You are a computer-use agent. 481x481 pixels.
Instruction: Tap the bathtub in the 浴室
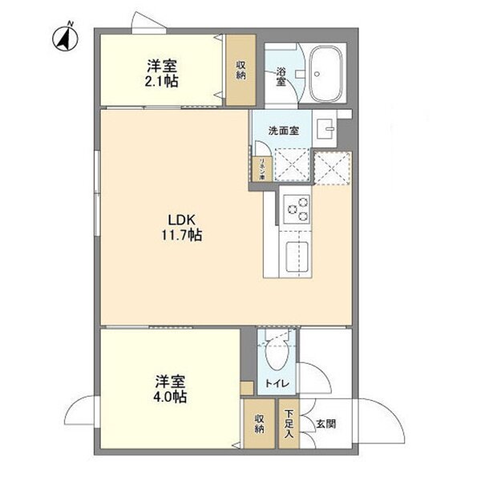pyautogui.click(x=326, y=74)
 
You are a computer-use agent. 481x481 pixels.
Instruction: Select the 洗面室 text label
pyautogui.click(x=284, y=131)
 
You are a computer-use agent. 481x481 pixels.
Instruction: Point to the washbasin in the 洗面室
pyautogui.click(x=325, y=129)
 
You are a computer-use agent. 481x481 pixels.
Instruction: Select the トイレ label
pyautogui.click(x=277, y=384)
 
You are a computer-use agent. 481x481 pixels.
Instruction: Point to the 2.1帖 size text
pyautogui.click(x=161, y=82)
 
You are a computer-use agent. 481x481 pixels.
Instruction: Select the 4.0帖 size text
pyautogui.click(x=171, y=397)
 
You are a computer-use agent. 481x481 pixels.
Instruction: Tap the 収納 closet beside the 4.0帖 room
pyautogui.click(x=260, y=424)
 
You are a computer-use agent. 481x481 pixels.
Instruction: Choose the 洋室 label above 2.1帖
pyautogui.click(x=161, y=66)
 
